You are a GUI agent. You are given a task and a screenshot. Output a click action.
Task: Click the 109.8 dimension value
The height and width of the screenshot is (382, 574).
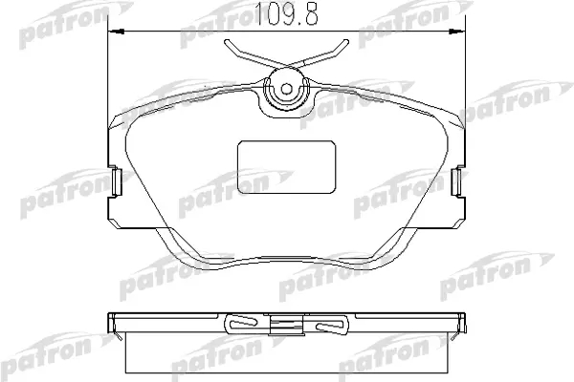coord(286,14)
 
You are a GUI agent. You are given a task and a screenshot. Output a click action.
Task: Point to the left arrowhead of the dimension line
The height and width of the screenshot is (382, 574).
coord(117,32)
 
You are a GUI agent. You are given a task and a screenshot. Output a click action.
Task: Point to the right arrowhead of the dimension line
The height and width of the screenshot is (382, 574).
coord(457,32)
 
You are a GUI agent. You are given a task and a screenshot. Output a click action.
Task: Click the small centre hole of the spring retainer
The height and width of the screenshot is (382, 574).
coord(287,89)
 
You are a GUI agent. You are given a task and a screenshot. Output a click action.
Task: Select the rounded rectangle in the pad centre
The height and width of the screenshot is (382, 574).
coord(287,167)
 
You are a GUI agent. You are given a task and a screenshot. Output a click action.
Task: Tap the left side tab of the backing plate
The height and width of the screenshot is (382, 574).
coord(117,181)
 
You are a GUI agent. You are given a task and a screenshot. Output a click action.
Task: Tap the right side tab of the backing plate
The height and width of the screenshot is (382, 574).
coord(457,181)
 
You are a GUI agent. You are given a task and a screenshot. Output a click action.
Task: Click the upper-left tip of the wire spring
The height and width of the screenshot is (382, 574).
coord(227,42)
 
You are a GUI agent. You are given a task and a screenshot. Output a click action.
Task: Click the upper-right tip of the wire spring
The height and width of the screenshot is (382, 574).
coord(346,42)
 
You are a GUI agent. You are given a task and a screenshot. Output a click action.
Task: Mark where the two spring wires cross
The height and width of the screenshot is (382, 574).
coord(287,67)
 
